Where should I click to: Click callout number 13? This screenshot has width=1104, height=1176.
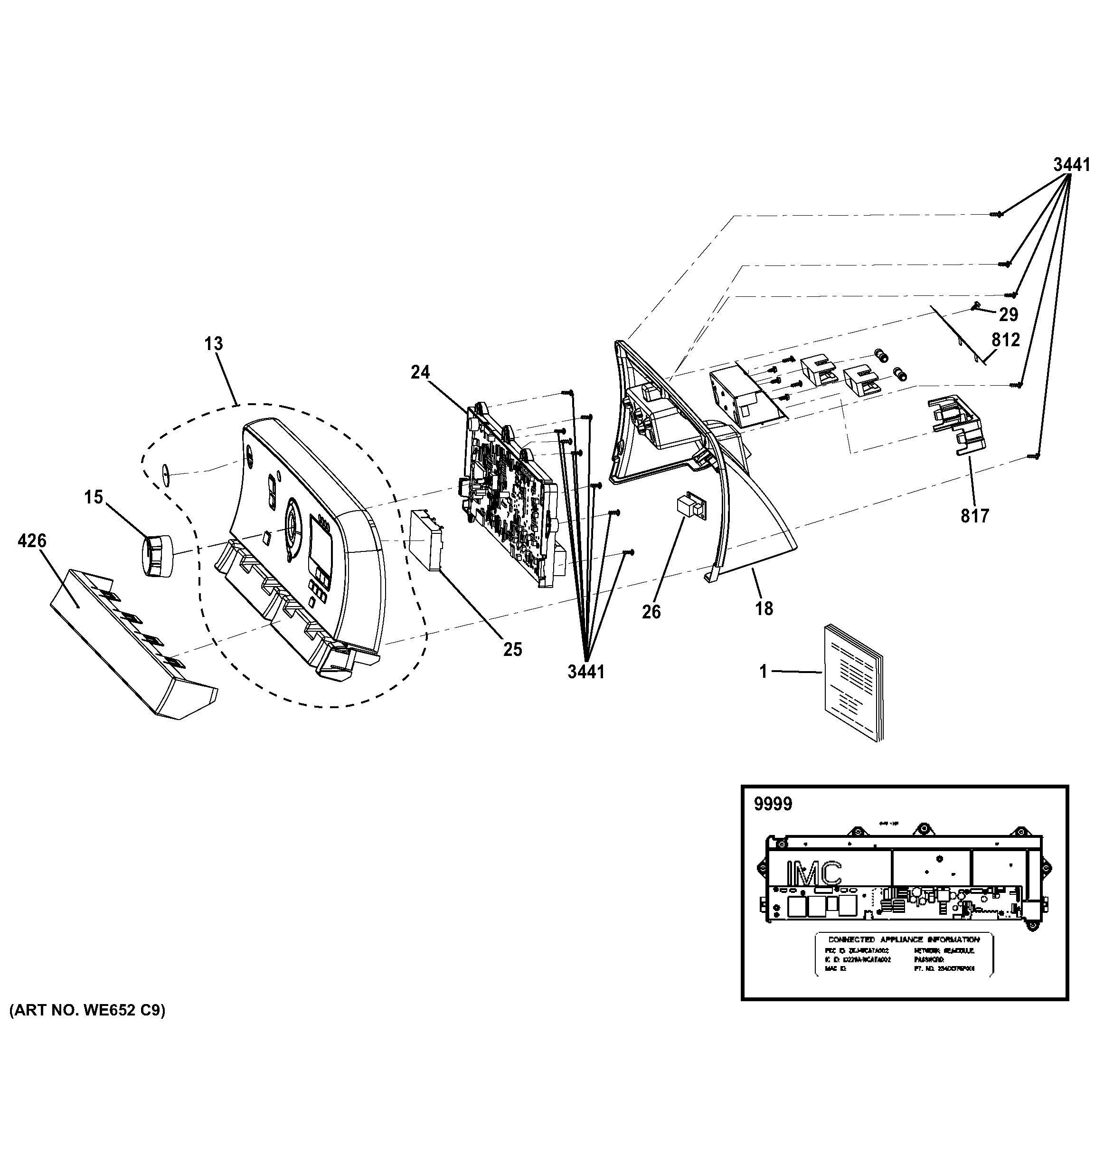(x=214, y=344)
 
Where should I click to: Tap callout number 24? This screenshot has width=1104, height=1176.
(x=420, y=372)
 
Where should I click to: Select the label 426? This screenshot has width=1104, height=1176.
(x=32, y=541)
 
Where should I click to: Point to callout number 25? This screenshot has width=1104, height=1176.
(x=513, y=650)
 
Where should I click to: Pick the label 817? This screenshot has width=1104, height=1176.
(x=974, y=516)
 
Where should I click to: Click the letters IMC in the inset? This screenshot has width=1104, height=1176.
(x=813, y=874)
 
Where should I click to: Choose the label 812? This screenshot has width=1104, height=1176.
(x=1006, y=340)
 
